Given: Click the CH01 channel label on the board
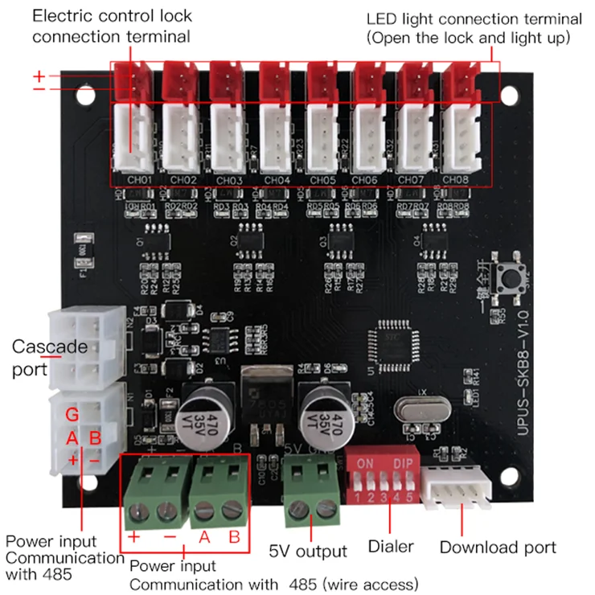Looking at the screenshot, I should [137, 179].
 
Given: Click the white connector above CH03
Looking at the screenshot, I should [230, 137].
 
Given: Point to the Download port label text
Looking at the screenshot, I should [498, 548].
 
